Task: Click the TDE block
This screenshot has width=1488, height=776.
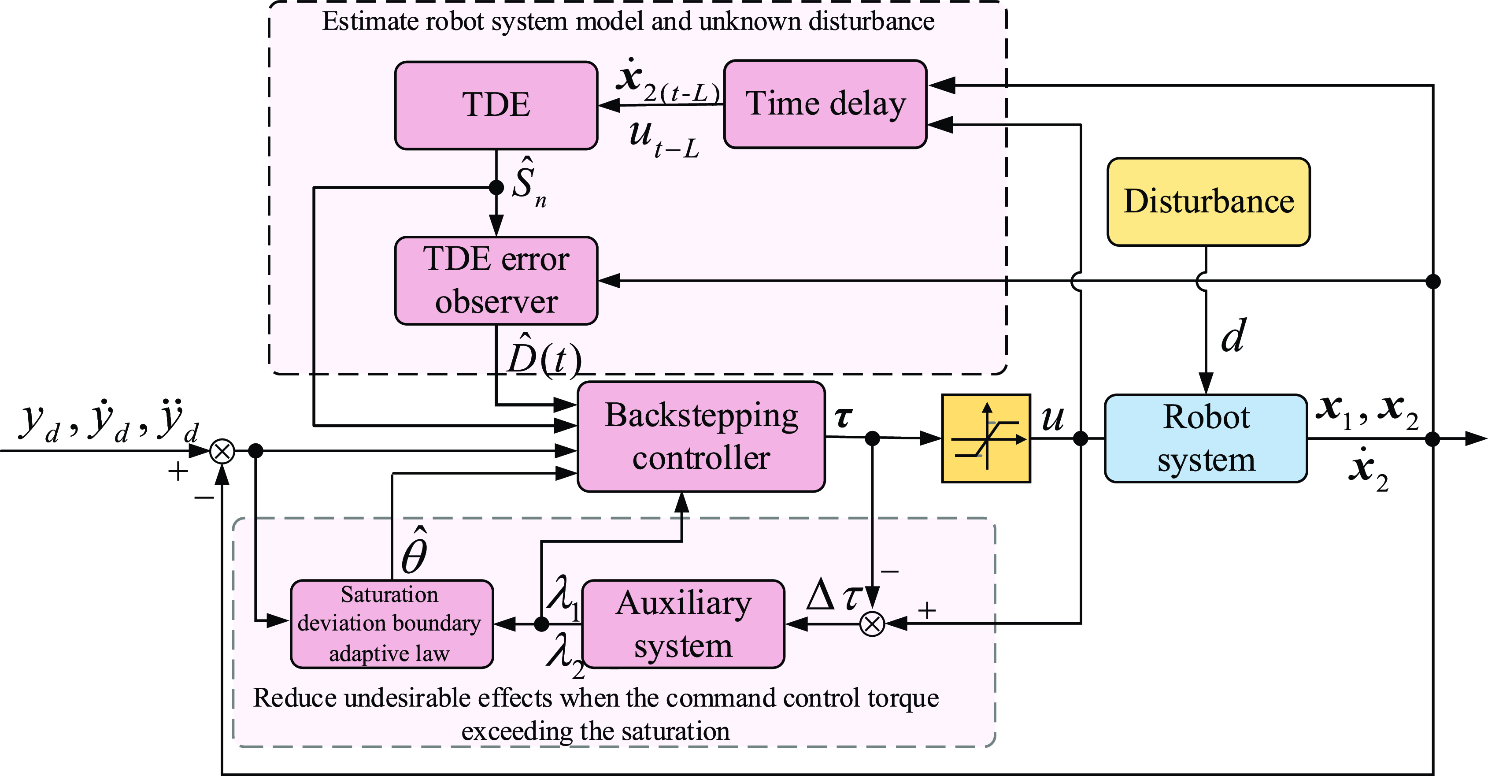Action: click(x=496, y=106)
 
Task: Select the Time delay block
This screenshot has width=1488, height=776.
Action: click(x=825, y=104)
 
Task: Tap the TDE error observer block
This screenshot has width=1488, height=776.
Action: click(x=496, y=281)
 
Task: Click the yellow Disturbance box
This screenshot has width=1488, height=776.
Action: click(x=1208, y=202)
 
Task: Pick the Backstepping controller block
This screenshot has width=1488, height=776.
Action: click(x=701, y=437)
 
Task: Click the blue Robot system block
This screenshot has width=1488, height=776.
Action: click(x=1206, y=438)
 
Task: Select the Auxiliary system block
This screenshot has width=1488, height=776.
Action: click(x=683, y=624)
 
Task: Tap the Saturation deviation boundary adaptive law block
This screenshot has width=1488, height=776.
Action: click(x=392, y=624)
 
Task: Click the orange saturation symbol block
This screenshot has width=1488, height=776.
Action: click(x=986, y=438)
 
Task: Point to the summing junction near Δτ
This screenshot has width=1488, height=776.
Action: click(x=872, y=624)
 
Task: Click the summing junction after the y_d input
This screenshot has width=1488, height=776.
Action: click(x=222, y=451)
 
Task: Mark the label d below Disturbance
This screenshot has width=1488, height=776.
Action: click(x=1233, y=336)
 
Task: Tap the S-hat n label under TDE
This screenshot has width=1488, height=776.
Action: click(x=527, y=182)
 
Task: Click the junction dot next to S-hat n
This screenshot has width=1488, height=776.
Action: click(x=496, y=188)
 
